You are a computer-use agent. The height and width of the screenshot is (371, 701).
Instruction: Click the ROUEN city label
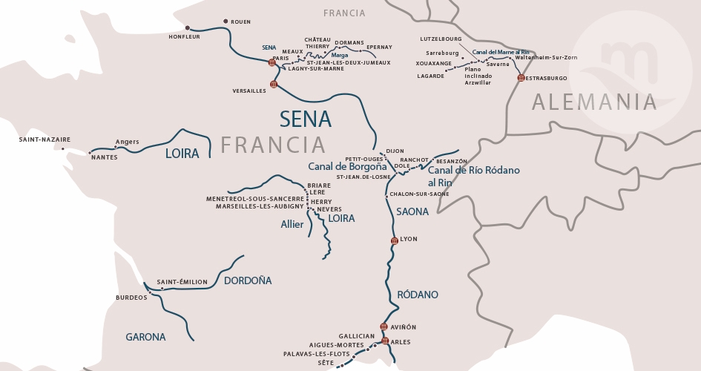click(x=241, y=22)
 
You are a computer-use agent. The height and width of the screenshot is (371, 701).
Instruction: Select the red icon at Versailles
click(x=274, y=85)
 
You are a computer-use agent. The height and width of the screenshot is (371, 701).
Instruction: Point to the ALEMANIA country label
click(x=593, y=102)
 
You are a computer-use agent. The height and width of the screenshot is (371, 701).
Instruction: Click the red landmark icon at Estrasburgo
click(x=521, y=78)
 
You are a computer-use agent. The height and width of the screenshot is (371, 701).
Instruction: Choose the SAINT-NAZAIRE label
click(x=45, y=139)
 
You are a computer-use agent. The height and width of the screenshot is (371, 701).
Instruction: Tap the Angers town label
click(x=128, y=142)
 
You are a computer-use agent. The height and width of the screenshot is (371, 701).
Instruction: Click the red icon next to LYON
click(x=395, y=240)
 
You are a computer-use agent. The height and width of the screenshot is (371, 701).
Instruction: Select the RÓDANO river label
click(x=418, y=295)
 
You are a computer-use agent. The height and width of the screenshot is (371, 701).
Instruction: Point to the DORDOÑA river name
click(x=248, y=280)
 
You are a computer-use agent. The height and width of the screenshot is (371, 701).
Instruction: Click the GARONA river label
click(x=145, y=337)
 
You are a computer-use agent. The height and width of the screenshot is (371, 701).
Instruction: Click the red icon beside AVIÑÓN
click(x=384, y=326)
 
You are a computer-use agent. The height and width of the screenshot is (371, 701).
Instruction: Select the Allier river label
click(x=292, y=224)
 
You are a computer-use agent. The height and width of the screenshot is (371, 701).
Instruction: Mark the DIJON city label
click(x=395, y=151)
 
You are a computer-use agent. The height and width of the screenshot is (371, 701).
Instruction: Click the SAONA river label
click(x=412, y=211)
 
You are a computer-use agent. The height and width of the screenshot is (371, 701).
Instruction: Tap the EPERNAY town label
click(x=379, y=47)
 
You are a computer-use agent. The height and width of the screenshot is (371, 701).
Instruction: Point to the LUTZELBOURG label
click(x=441, y=36)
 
